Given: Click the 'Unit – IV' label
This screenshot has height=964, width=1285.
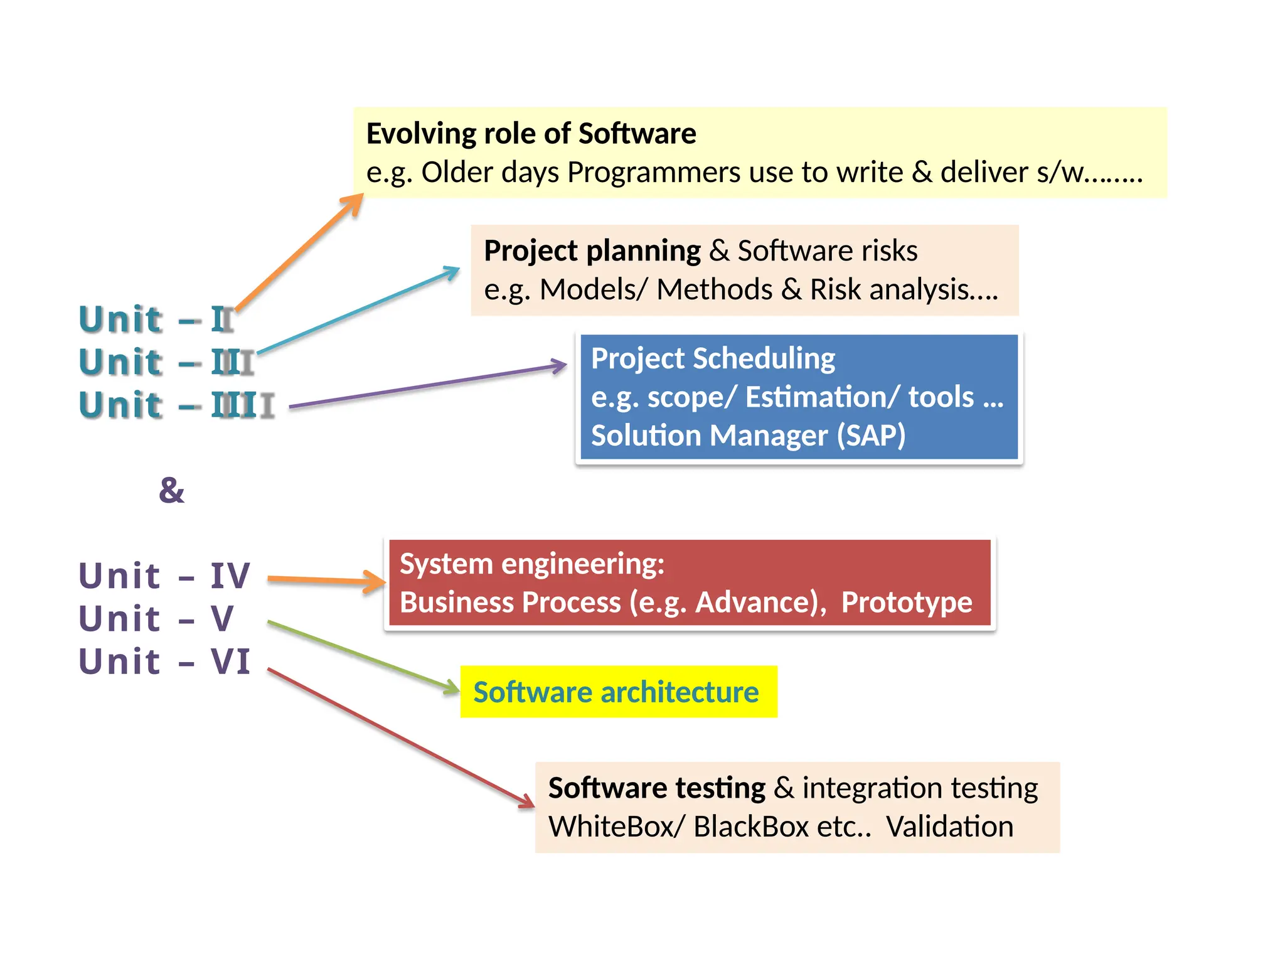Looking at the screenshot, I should [164, 576].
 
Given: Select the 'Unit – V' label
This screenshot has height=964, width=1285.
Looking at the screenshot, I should [156, 619].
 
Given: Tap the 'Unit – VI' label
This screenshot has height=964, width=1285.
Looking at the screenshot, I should [164, 661].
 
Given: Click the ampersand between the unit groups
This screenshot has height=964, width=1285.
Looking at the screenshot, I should [171, 490].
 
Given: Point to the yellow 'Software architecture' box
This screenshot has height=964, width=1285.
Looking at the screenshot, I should [618, 692].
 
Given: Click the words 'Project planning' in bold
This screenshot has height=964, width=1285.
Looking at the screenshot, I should [592, 251].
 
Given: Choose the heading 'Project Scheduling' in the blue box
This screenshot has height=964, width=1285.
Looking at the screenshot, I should [713, 358].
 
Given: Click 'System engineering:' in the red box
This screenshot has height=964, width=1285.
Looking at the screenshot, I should [532, 564].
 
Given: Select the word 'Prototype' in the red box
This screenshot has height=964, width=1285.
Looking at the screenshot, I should [907, 602].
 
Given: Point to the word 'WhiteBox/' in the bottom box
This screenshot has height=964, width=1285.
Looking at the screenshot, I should [617, 827].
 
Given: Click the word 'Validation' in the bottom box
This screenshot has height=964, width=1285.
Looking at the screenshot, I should [949, 827].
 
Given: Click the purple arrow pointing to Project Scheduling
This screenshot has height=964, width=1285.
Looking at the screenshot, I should [427, 387].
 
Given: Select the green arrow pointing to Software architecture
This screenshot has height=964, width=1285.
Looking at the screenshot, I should [364, 657].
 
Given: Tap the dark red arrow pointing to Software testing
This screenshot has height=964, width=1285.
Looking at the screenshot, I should [402, 738].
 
